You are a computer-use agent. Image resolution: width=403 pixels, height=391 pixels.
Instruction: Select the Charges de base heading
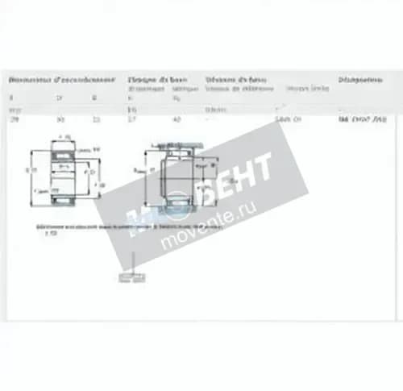point(156,80)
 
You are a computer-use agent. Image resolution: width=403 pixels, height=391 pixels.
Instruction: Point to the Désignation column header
point(359,80)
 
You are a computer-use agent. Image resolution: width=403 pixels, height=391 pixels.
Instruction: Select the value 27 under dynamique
point(132,119)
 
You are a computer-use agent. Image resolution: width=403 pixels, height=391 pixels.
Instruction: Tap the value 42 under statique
point(176,119)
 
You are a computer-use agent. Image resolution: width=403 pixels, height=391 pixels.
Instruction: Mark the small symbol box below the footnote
point(130,279)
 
